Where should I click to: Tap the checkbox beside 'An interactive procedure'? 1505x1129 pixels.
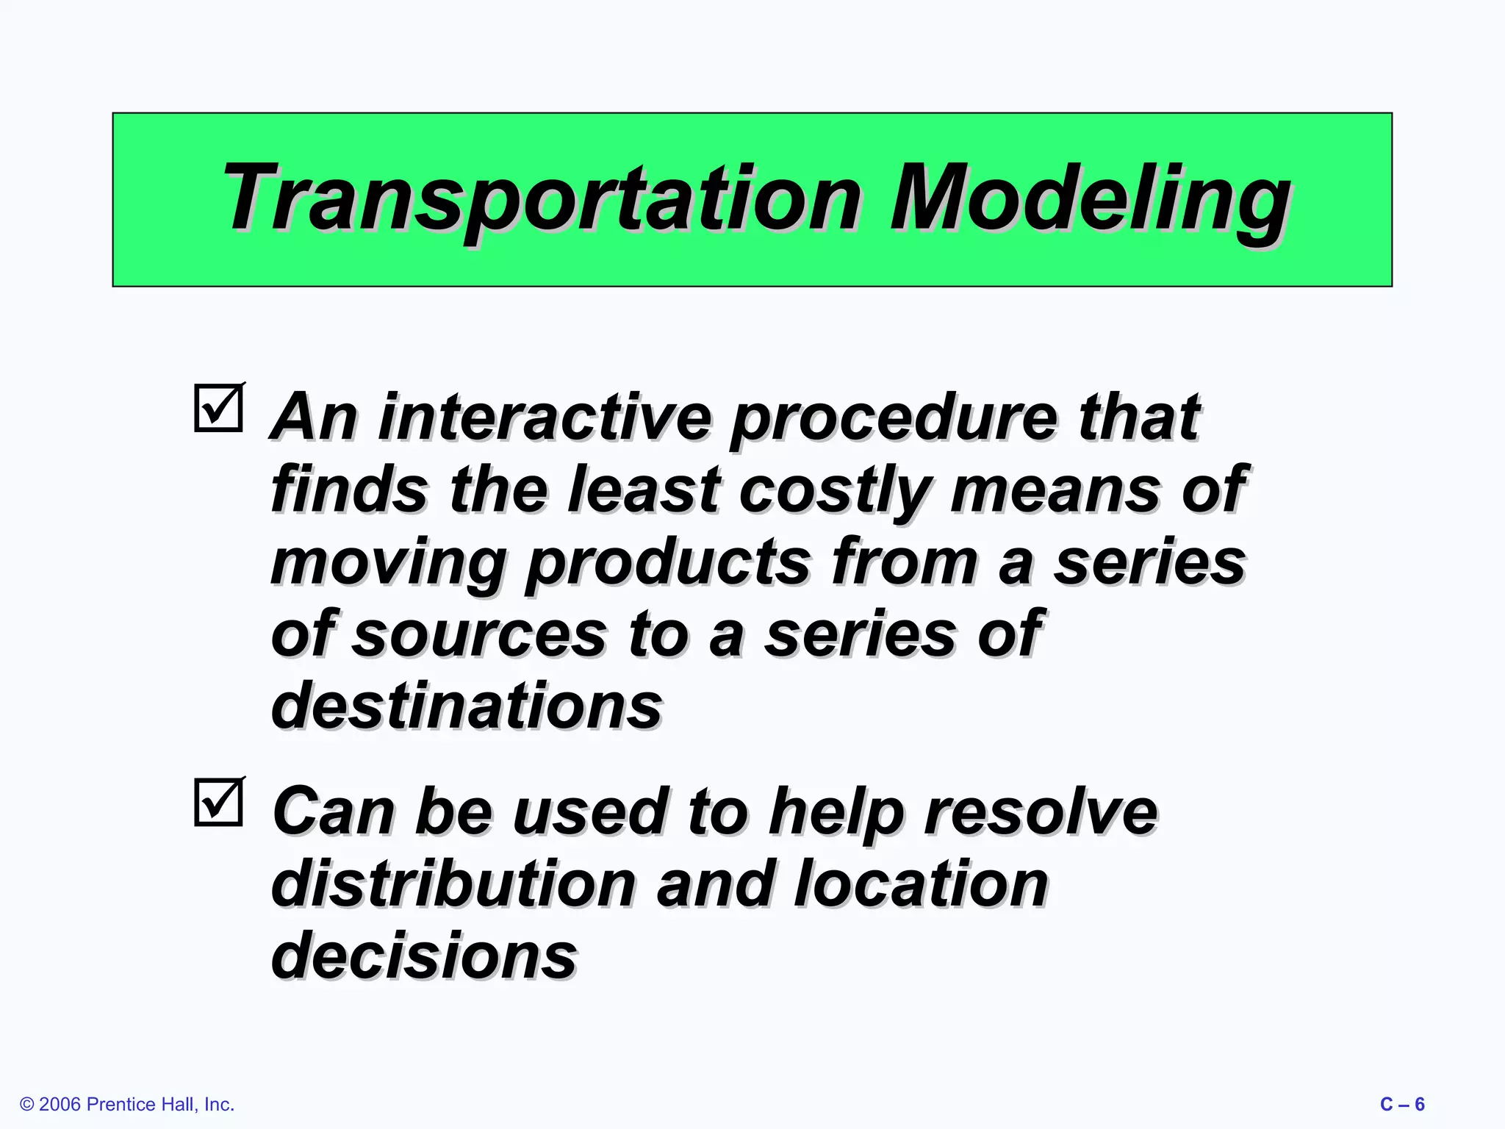tap(219, 408)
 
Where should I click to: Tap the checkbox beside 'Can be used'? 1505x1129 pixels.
tap(219, 802)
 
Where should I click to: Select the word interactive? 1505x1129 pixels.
tap(545, 417)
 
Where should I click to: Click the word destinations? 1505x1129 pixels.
tap(467, 706)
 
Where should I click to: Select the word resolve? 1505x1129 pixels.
tap(1041, 811)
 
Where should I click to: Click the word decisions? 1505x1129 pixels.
tap(424, 956)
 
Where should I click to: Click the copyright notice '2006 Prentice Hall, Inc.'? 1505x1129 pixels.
tap(128, 1104)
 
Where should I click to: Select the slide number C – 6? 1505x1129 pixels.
tap(1402, 1104)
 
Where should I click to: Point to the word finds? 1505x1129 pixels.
tap(349, 490)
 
